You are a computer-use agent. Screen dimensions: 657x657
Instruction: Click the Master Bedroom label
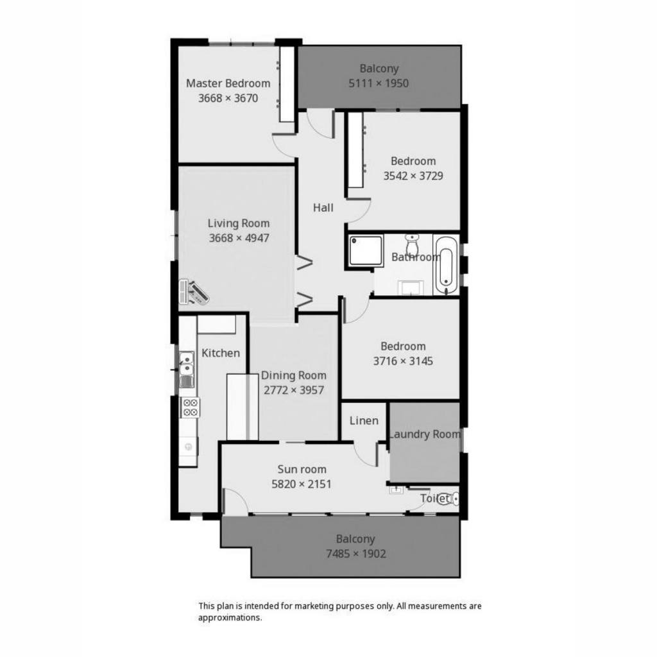228,83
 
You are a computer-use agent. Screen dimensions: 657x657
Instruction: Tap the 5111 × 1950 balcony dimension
379,83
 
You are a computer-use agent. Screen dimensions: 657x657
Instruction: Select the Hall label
323,207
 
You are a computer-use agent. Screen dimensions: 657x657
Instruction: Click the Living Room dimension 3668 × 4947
239,238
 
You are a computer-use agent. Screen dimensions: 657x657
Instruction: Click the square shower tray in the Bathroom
366,251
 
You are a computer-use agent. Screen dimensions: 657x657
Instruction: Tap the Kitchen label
221,353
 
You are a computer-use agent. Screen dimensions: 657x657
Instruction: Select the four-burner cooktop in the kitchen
190,407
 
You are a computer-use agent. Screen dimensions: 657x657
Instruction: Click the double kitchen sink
187,369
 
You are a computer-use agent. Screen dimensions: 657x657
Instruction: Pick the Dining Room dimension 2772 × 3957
294,390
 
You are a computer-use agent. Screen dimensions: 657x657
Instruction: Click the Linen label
364,420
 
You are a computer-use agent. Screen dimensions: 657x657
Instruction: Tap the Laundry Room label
425,434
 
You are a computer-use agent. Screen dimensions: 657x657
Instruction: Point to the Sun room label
302,469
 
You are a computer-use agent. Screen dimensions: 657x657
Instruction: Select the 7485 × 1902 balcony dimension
356,554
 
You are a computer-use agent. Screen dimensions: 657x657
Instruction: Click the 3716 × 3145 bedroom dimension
403,361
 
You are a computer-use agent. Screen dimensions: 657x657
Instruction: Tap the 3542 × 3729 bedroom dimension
413,176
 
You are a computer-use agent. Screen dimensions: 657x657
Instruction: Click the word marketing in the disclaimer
313,606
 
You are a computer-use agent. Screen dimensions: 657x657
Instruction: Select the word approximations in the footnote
230,618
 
